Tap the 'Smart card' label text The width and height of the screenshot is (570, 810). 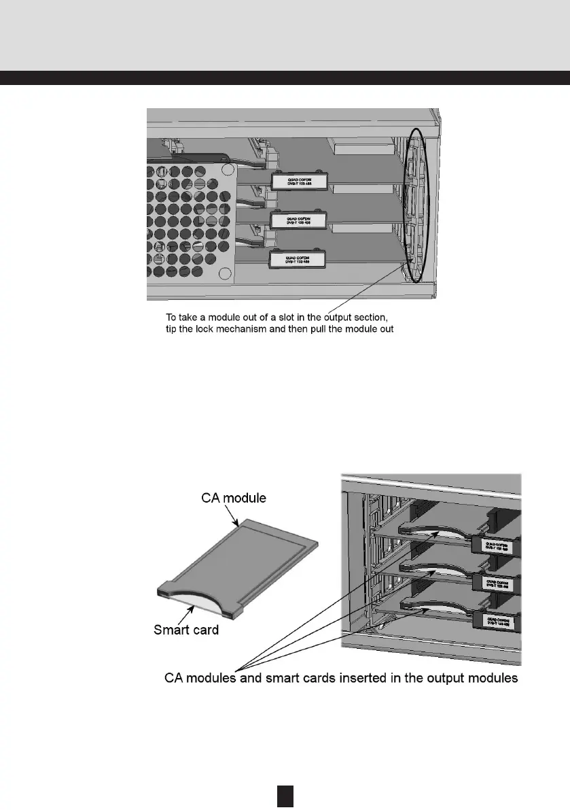click(x=186, y=630)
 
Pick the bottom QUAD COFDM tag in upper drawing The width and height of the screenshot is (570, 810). click(x=297, y=259)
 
